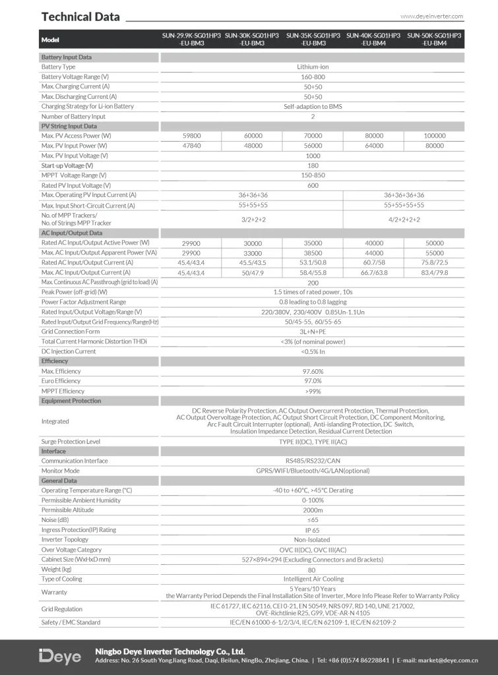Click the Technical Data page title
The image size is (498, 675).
[x=80, y=16]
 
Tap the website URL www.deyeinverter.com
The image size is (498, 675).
[x=431, y=16]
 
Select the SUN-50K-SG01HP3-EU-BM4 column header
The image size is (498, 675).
[x=434, y=39]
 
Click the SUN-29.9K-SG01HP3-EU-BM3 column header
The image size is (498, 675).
[x=191, y=39]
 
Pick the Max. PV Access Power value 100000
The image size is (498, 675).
[x=434, y=136]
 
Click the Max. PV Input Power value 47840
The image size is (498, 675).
[x=191, y=146]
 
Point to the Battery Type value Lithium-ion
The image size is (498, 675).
[x=313, y=67]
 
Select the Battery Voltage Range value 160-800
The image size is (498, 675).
[x=313, y=77]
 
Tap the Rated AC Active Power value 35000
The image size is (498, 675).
[x=313, y=243]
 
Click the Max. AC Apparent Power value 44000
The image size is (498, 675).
[x=373, y=252]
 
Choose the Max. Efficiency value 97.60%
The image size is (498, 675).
[x=313, y=371]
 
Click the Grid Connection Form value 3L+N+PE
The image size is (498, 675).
[x=313, y=332]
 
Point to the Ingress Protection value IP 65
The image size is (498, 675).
[x=313, y=530]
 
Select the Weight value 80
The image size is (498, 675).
[x=313, y=570]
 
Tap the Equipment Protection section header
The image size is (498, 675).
[x=71, y=401]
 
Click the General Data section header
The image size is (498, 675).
[x=59, y=481]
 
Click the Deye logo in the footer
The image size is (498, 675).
[x=60, y=657]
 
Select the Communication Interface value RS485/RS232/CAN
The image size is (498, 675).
[x=313, y=461]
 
